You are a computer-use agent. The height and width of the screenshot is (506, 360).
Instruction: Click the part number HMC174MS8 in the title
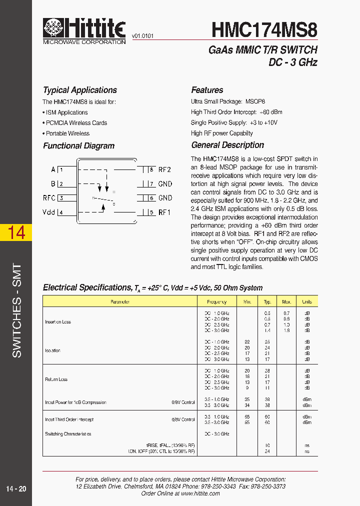[264, 30]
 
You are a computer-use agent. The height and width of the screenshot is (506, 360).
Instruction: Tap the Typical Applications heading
[80, 90]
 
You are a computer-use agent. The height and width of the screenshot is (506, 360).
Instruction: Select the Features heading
[207, 90]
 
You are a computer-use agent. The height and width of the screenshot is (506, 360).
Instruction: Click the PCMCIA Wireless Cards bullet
[76, 123]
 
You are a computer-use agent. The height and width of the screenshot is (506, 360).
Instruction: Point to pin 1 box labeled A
[61, 169]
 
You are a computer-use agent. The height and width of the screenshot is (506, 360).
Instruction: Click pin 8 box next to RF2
[151, 169]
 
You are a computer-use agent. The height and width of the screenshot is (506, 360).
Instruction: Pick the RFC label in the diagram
[49, 198]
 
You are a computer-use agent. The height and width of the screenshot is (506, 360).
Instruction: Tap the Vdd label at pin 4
[48, 212]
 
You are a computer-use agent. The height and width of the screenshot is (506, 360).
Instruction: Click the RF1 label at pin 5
[164, 212]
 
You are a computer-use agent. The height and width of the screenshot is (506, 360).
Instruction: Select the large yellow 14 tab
[16, 233]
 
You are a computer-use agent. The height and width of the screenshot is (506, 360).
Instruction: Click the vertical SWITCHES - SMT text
[16, 310]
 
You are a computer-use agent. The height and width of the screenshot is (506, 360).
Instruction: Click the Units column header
[306, 301]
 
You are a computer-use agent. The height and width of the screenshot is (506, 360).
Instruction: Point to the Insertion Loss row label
[58, 322]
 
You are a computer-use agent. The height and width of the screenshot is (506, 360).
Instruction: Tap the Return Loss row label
[56, 379]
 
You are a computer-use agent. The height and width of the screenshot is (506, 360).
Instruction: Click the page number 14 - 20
[16, 488]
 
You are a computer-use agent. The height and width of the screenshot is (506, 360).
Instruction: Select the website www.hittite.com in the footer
[200, 493]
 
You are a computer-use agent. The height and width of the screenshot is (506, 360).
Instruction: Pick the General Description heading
[227, 145]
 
